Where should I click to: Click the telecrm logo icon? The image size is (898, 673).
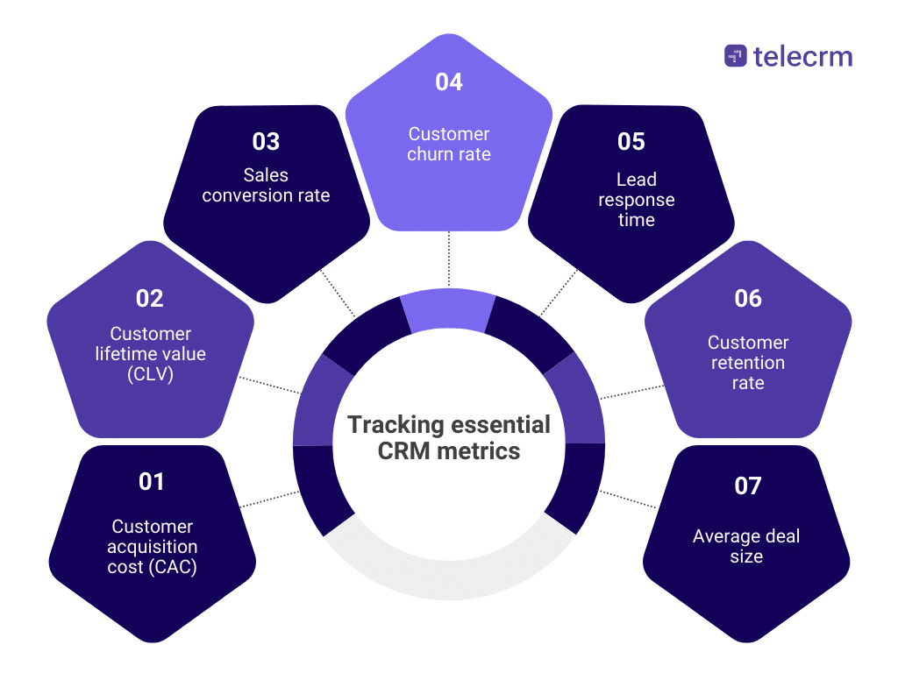point(735,57)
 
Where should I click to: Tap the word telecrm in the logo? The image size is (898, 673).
point(802,57)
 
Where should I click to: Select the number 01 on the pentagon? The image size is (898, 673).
point(152,481)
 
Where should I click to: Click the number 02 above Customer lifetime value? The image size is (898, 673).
point(150,299)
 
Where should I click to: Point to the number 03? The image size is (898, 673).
point(266,141)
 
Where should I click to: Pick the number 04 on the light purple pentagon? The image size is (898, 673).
point(449,82)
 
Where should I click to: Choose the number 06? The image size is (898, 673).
point(748,299)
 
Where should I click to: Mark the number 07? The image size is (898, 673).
point(747,485)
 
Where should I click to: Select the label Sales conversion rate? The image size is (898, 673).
point(266,185)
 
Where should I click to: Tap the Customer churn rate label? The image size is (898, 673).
point(449,144)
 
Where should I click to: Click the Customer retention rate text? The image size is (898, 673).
point(748,363)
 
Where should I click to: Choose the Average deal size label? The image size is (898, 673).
point(746,546)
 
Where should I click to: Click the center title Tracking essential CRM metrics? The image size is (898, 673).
point(449,438)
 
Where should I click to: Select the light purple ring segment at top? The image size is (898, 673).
point(449,314)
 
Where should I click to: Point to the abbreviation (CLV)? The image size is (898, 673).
point(150,373)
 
